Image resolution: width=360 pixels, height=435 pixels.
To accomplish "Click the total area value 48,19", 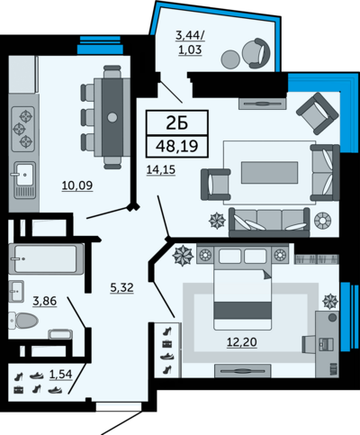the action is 176,146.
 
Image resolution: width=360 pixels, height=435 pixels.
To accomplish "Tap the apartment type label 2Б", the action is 177,122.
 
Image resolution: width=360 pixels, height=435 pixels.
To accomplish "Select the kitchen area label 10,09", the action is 77,186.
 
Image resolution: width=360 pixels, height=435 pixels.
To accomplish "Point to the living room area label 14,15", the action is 161,170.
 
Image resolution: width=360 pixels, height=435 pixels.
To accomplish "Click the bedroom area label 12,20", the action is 242,342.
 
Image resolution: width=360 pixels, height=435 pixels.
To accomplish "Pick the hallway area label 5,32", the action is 121,288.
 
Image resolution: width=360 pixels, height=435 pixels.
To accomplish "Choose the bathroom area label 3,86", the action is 45,301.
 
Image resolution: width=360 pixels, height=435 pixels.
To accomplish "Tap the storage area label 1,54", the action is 61,375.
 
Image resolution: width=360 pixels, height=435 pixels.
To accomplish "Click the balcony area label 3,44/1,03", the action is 190,42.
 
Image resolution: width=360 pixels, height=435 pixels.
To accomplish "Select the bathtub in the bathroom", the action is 46,259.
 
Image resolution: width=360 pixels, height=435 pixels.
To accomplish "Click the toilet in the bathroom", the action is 23,321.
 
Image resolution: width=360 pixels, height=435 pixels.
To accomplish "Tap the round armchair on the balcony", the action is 256,53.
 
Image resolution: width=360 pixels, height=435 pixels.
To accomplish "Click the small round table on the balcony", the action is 230,59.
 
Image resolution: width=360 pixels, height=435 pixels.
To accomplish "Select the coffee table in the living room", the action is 270,172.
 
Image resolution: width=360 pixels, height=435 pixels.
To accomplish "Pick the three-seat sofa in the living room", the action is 269,222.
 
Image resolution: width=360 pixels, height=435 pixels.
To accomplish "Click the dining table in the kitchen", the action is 112,117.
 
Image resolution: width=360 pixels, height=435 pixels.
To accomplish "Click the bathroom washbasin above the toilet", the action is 16,291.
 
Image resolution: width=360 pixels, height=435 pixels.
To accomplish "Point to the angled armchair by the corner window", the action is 318,113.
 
